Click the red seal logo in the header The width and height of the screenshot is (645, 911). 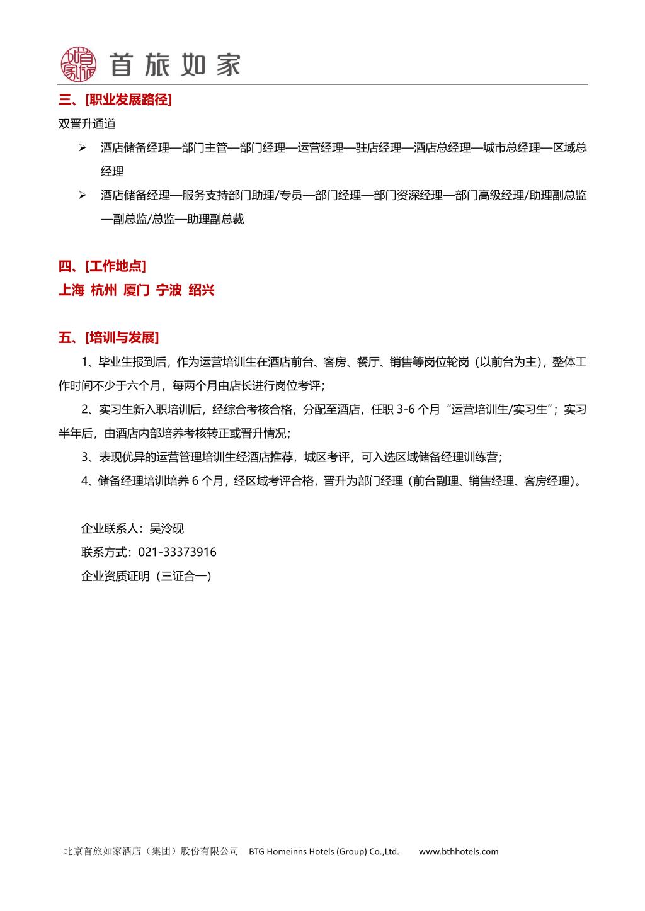[x=79, y=64]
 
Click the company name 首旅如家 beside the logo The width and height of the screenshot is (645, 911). [x=175, y=64]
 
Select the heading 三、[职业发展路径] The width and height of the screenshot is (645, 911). [x=115, y=99]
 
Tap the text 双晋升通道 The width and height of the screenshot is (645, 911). [x=87, y=124]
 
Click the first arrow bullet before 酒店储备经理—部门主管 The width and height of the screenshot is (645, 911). [x=82, y=148]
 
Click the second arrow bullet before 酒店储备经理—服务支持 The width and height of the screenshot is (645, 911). [x=82, y=195]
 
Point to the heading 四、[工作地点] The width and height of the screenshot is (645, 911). [x=102, y=266]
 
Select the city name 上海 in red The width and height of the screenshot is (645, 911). [x=71, y=290]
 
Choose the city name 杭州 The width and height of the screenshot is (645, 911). [x=104, y=290]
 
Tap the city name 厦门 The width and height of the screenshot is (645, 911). [x=137, y=290]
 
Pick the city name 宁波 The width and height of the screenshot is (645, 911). [x=169, y=290]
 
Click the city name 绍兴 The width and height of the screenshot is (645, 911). [x=202, y=290]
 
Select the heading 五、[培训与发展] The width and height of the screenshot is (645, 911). [x=108, y=338]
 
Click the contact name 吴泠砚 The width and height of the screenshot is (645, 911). [x=167, y=528]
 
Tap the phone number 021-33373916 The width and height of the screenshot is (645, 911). [x=177, y=552]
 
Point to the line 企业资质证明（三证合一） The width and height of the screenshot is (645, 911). [x=147, y=576]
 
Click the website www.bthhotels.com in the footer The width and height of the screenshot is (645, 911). [x=458, y=851]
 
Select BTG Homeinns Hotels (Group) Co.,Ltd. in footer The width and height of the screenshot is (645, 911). [x=324, y=851]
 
